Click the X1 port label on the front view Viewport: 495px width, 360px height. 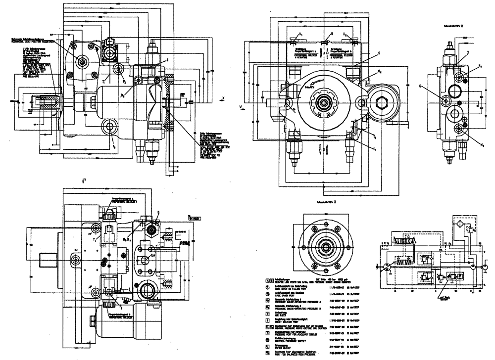click(x=300, y=34)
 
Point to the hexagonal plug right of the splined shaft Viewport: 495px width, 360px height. click(x=381, y=103)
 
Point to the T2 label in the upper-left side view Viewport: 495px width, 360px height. click(x=114, y=146)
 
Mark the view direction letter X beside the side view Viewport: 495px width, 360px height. click(x=223, y=98)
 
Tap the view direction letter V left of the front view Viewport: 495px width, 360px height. click(x=239, y=105)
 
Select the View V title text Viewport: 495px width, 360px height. click(x=454, y=24)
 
